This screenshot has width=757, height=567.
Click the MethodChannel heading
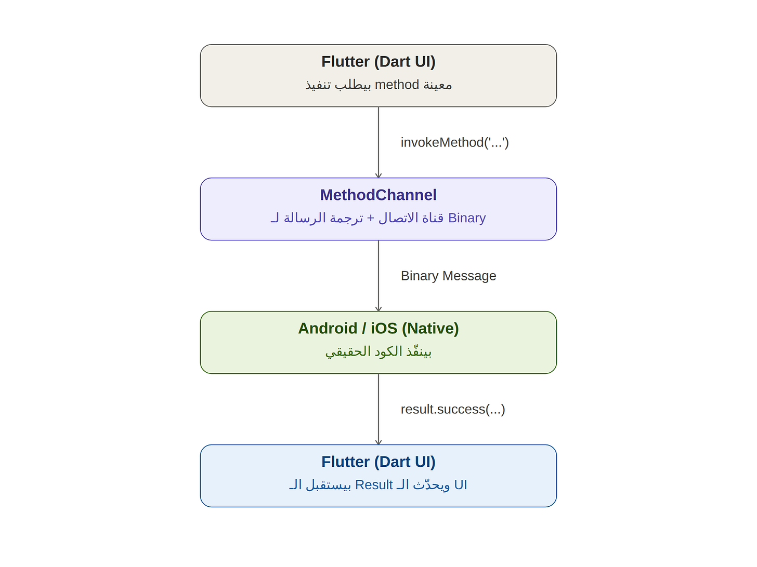point(379,195)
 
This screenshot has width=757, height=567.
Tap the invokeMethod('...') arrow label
point(454,142)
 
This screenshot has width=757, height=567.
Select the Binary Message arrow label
point(448,276)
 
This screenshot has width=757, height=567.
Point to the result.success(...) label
point(453,409)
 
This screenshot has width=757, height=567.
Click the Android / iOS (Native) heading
point(379,329)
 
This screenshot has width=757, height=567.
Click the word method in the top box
point(397,85)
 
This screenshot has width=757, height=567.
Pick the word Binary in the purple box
point(467,218)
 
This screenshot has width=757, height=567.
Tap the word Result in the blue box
point(374,485)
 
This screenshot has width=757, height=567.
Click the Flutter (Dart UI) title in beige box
point(379,62)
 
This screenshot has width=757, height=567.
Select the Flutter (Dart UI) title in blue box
point(379,462)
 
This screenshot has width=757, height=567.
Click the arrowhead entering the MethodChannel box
point(379,176)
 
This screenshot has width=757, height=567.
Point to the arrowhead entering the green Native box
point(379,309)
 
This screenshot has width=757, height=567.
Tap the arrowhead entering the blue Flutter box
point(379,442)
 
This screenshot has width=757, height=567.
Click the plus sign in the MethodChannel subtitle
point(371,218)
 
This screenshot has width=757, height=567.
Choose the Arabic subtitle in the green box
point(379,352)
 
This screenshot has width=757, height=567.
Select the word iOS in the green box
point(384,329)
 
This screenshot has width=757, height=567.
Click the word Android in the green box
point(328,329)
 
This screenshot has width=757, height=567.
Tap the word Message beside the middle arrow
point(469,276)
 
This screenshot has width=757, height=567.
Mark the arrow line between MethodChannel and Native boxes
point(379,276)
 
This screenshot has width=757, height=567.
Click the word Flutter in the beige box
point(346,62)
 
